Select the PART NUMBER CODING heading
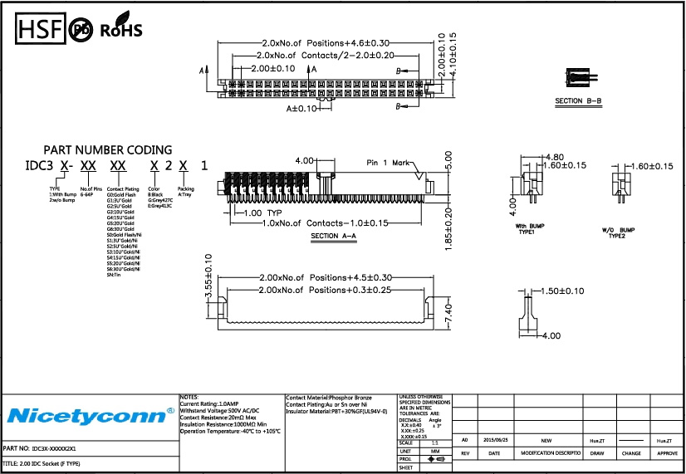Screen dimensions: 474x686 point(108,150)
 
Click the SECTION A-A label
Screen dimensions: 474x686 point(333,237)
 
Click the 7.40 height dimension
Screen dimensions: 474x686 point(448,315)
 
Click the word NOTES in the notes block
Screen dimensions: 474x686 point(190,397)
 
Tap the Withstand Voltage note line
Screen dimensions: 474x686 point(220,411)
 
